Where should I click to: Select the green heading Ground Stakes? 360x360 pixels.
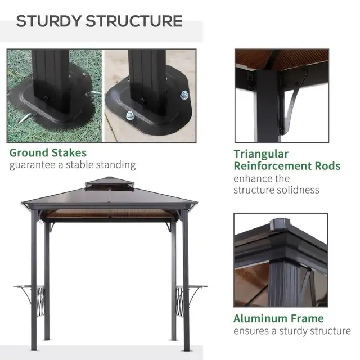point(48,152)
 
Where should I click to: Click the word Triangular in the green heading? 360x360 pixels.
point(261,154)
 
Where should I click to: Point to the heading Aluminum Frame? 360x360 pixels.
point(278,318)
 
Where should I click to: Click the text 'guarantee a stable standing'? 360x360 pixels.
point(73,165)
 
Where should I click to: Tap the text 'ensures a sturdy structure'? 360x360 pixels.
point(292,331)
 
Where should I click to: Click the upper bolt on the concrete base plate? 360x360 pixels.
point(183,94)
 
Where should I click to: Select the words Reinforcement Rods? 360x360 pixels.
point(287,166)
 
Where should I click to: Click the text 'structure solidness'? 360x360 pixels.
point(276,190)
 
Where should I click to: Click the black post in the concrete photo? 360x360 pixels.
point(147,76)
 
